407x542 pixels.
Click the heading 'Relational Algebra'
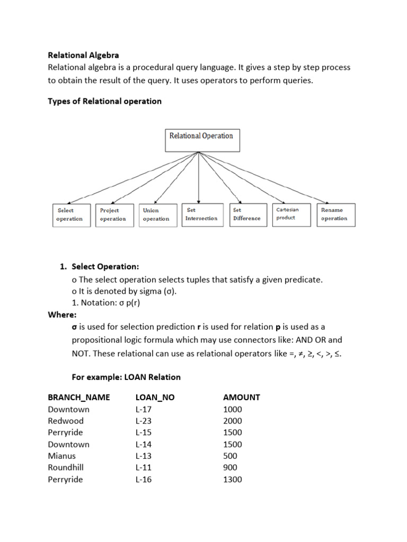tap(83, 55)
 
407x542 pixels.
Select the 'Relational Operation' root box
tap(201, 140)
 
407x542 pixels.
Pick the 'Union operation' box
tap(156, 215)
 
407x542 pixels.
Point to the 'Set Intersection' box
tap(201, 214)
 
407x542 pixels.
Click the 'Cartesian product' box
tap(291, 214)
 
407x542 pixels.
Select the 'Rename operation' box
tap(335, 214)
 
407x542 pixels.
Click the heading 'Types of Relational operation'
tap(104, 101)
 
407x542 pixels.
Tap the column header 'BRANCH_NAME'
tap(79, 398)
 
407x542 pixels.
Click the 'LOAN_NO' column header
tap(155, 398)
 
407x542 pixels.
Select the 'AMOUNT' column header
tap(242, 398)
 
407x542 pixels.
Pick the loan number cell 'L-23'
tap(144, 421)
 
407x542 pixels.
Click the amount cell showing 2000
tap(233, 421)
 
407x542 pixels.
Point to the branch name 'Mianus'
tap(61, 456)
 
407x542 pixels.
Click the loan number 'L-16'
tap(144, 480)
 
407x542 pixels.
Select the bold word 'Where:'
tap(62, 315)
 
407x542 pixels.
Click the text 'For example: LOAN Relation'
tap(126, 377)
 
